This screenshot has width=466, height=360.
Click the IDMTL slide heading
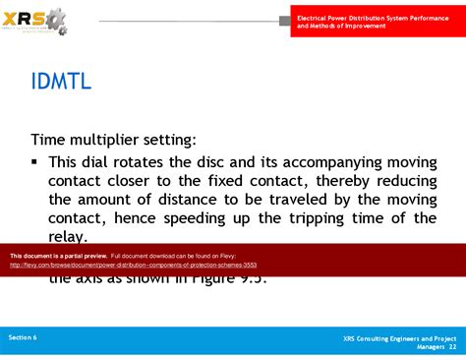[x=62, y=82]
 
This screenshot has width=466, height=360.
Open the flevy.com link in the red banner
[x=133, y=265]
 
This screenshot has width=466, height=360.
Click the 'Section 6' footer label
[x=23, y=337]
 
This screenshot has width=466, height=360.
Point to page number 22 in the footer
[x=452, y=346]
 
